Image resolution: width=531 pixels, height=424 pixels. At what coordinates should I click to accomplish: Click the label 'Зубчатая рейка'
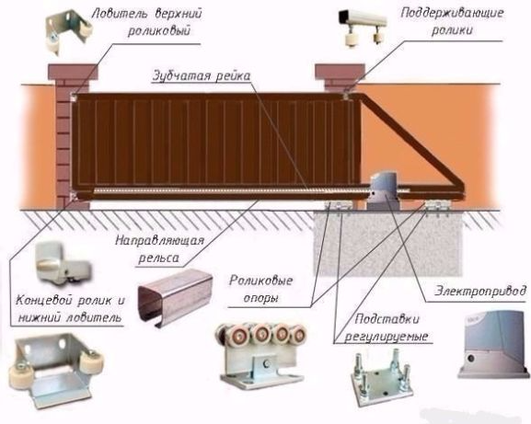[x=202, y=75]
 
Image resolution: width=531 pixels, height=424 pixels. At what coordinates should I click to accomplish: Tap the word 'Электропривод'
[x=480, y=292]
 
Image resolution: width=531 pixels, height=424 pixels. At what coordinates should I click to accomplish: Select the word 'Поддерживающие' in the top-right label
[x=452, y=14]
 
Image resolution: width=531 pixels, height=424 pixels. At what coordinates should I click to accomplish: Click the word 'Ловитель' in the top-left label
[x=121, y=14]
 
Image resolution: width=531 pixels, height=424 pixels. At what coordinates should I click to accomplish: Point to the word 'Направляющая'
[x=160, y=241]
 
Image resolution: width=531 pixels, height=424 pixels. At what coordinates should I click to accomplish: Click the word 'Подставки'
[x=387, y=319]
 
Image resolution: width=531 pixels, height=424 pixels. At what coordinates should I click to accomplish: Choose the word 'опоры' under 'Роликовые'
[x=260, y=299]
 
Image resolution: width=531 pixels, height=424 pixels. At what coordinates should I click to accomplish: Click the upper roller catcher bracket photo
[x=68, y=32]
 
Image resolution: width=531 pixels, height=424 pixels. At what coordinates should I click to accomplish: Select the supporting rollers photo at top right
[x=362, y=28]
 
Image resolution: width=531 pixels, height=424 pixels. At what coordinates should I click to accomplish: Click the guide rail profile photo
[x=175, y=297]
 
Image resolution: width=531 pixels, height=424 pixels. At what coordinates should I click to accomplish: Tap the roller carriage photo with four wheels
[x=260, y=353]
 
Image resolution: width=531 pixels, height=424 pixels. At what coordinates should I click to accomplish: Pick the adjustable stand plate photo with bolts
[x=382, y=378]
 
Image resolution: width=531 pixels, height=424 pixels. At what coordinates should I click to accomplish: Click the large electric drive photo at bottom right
[x=493, y=344]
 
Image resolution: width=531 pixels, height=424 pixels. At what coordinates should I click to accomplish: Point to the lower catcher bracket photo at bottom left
[x=55, y=370]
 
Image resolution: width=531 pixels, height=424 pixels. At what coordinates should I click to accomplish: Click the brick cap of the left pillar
[x=73, y=72]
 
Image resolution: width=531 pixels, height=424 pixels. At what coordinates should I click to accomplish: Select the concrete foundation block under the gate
[x=387, y=242]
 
